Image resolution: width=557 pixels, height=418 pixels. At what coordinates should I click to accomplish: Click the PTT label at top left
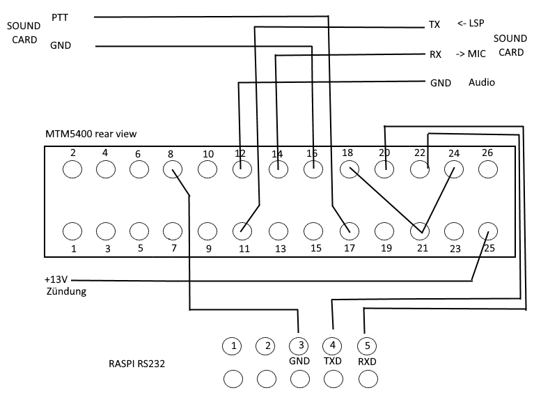click(x=61, y=16)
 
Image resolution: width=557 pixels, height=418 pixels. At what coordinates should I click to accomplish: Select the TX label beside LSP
click(x=434, y=25)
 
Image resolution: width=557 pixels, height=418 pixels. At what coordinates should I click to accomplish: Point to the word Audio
click(x=482, y=82)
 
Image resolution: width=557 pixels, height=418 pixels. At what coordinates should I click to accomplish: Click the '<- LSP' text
click(x=471, y=23)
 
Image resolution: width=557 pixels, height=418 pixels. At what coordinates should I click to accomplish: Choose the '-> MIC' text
click(x=471, y=54)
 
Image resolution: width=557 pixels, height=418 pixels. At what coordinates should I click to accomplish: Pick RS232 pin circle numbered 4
click(x=333, y=345)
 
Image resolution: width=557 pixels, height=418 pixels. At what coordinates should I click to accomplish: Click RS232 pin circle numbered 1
click(x=235, y=345)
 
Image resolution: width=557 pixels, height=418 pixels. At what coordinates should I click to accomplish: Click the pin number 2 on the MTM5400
click(x=72, y=153)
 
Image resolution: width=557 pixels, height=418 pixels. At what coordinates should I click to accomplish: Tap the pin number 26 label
click(x=488, y=153)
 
